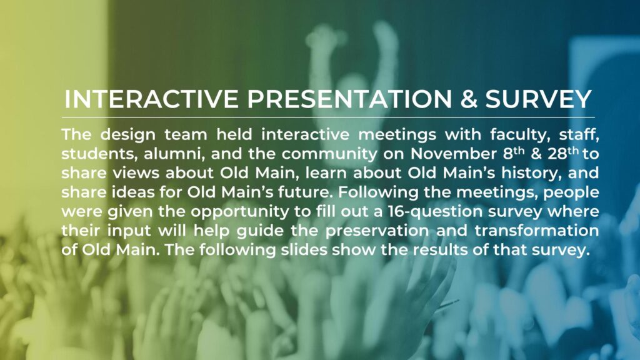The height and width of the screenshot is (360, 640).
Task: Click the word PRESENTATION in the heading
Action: [x=349, y=99]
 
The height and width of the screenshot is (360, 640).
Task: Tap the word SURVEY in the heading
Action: [x=538, y=99]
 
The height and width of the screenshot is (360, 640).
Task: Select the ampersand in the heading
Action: [x=469, y=99]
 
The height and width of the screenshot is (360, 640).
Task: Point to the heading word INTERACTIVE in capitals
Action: [x=151, y=99]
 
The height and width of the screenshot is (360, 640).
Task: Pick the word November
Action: [x=452, y=154]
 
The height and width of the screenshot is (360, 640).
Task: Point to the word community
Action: [x=329, y=154]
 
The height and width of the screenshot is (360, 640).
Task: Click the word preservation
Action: [x=377, y=231]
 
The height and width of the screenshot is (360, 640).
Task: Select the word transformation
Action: [x=537, y=231]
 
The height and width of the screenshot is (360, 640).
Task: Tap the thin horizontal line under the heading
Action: [x=328, y=117]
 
